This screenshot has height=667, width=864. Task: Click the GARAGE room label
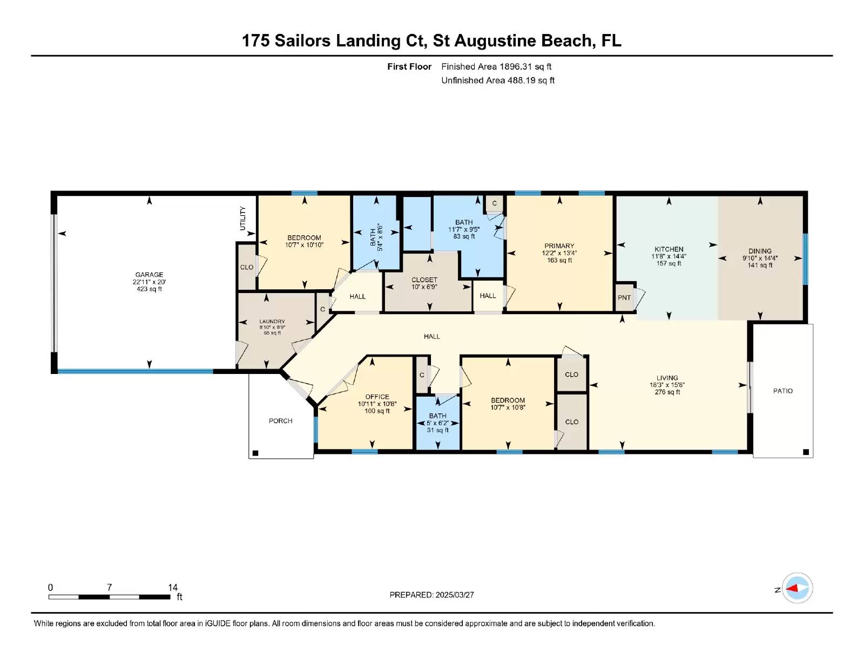tap(149, 275)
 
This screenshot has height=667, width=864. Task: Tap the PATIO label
tap(783, 391)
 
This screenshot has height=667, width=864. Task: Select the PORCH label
tap(280, 421)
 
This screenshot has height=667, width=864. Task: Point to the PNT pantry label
tap(624, 297)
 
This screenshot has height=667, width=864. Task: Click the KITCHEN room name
tap(669, 249)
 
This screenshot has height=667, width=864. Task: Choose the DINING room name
tap(760, 251)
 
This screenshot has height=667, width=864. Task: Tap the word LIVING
tap(667, 378)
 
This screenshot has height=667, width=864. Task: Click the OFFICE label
tap(377, 397)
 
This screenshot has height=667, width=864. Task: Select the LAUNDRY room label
tap(272, 322)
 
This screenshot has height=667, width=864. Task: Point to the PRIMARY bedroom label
tap(559, 246)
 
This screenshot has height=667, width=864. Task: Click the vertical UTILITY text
tap(242, 218)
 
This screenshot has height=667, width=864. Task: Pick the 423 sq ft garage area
tap(149, 289)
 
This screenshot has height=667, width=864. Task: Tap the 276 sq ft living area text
tap(667, 392)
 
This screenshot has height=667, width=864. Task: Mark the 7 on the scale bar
tap(109, 587)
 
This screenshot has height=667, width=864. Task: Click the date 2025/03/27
tap(455, 595)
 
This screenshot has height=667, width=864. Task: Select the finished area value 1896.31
tap(516, 67)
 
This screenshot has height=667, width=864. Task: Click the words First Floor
tap(409, 67)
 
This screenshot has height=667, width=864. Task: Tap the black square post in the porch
tap(255, 453)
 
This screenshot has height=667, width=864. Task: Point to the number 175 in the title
tap(255, 40)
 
